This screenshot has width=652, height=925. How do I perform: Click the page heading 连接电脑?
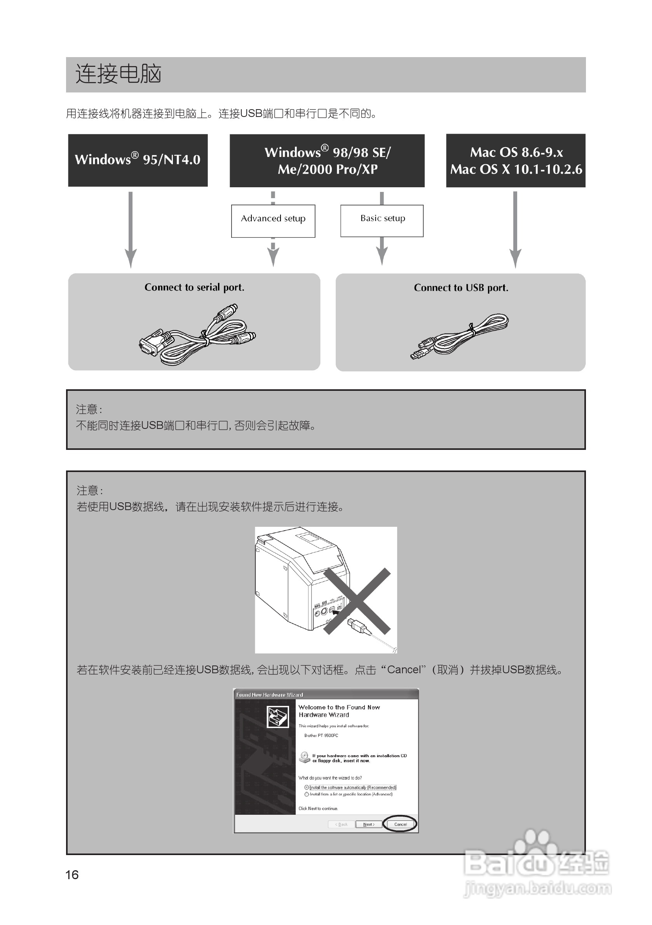tap(118, 74)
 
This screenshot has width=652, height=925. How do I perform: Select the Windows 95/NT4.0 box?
tap(138, 160)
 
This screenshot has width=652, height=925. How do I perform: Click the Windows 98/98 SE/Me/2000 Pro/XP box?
tap(327, 160)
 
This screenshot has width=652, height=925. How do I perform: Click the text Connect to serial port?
tap(194, 287)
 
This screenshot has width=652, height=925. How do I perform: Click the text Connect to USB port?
tap(460, 287)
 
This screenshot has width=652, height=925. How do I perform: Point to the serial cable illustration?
tap(197, 336)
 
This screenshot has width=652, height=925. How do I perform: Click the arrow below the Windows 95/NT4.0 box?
tap(130, 230)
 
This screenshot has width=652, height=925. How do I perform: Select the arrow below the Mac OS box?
tap(515, 230)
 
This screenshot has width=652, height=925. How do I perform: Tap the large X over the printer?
tap(357, 601)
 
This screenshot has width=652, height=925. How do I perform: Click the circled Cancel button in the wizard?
tap(400, 824)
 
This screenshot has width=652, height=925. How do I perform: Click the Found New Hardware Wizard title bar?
tap(326, 695)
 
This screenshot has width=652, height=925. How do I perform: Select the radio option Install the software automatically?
tap(307, 787)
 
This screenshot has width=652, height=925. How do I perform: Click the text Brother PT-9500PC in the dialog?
tap(321, 735)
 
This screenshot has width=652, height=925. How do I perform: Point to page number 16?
tap(72, 874)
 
